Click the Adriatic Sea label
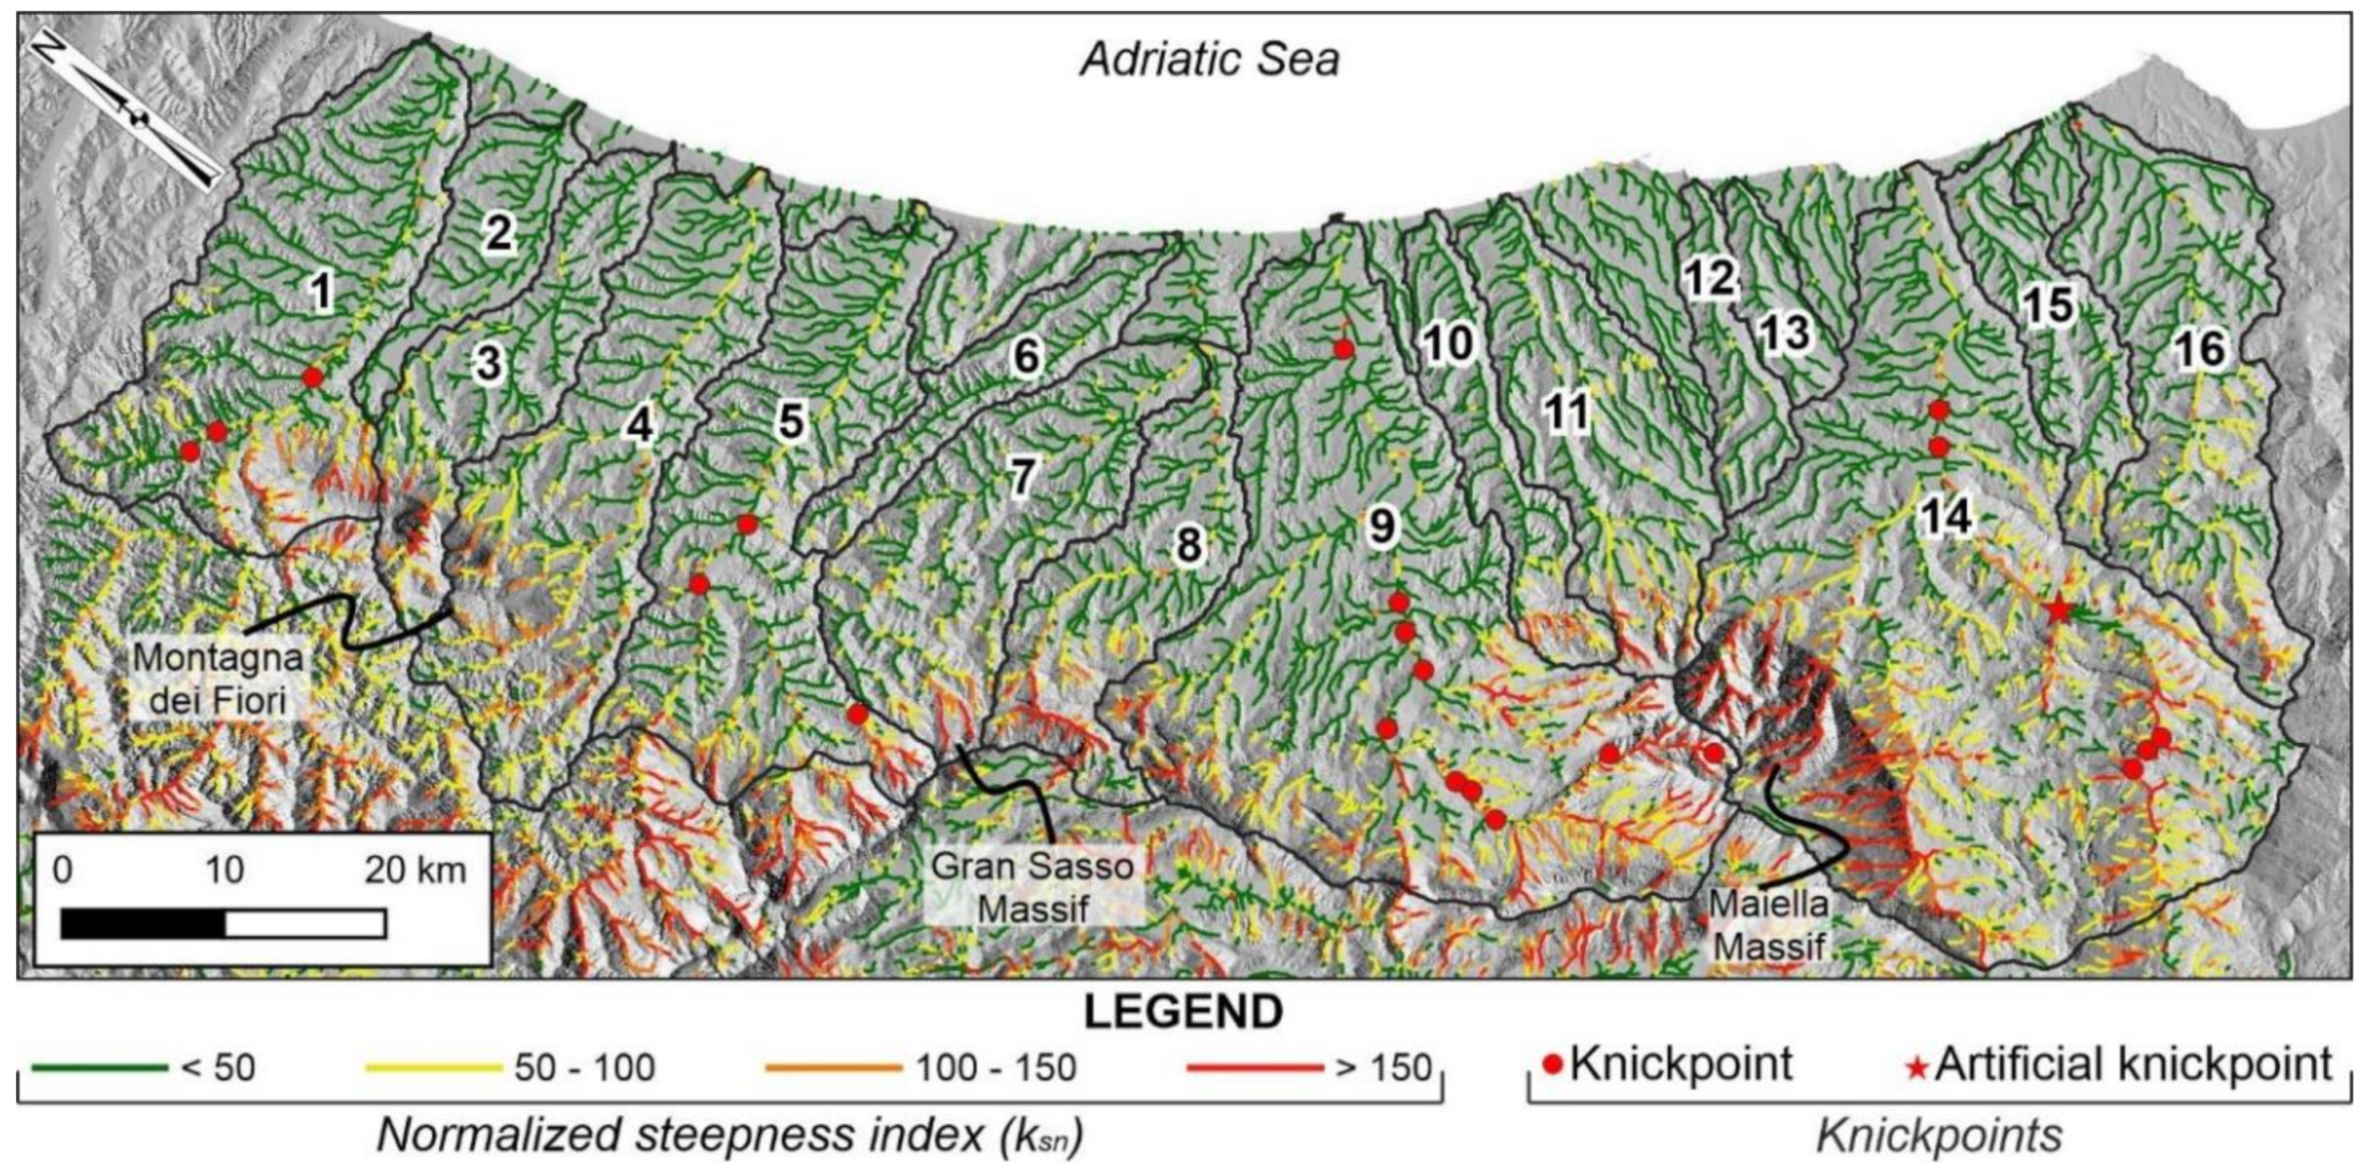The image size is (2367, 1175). [x=1209, y=60]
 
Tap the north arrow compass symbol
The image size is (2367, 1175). [x=126, y=110]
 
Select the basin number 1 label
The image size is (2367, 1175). [x=320, y=291]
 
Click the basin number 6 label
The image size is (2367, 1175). [x=1025, y=356]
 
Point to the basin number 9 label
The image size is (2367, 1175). [x=1381, y=525]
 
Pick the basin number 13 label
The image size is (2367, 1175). [x=1783, y=332]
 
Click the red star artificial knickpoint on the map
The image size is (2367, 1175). [x=2059, y=608]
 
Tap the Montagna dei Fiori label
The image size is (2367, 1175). [x=217, y=679]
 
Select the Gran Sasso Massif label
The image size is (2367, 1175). [x=1032, y=887]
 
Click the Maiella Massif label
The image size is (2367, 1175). [x=1769, y=925]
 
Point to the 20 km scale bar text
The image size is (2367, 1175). [x=415, y=871]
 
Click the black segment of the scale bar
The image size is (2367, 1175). [x=143, y=924]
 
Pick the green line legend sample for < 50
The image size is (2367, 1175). [x=99, y=1067]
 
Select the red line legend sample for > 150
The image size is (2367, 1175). [x=1255, y=1067]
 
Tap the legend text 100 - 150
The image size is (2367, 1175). [x=995, y=1068]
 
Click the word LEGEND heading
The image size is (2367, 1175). [x=1183, y=1012]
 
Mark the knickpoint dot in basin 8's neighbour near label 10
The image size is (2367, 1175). [x=1344, y=349]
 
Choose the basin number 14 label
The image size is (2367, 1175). [x=1946, y=517]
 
